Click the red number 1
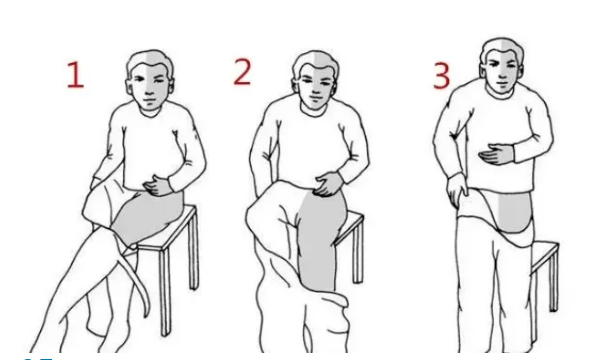pyautogui.click(x=76, y=75)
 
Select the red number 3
pyautogui.click(x=442, y=76)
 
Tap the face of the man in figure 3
pyautogui.click(x=502, y=71)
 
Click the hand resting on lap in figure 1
pyautogui.click(x=157, y=186)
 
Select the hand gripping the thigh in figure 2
pyautogui.click(x=328, y=183)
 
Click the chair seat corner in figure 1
pyautogui.click(x=193, y=208)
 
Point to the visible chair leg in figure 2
pyautogui.click(x=358, y=251)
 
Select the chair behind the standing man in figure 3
pyautogui.click(x=545, y=271)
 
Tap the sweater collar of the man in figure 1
pyautogui.click(x=150, y=111)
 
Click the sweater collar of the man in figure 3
pyautogui.click(x=503, y=95)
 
